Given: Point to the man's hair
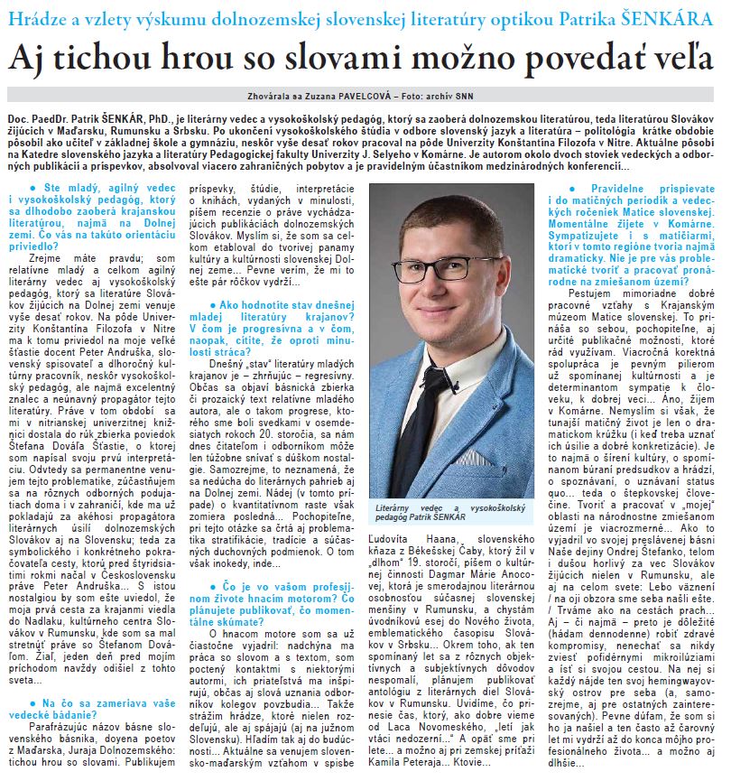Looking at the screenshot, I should click(442, 217).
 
